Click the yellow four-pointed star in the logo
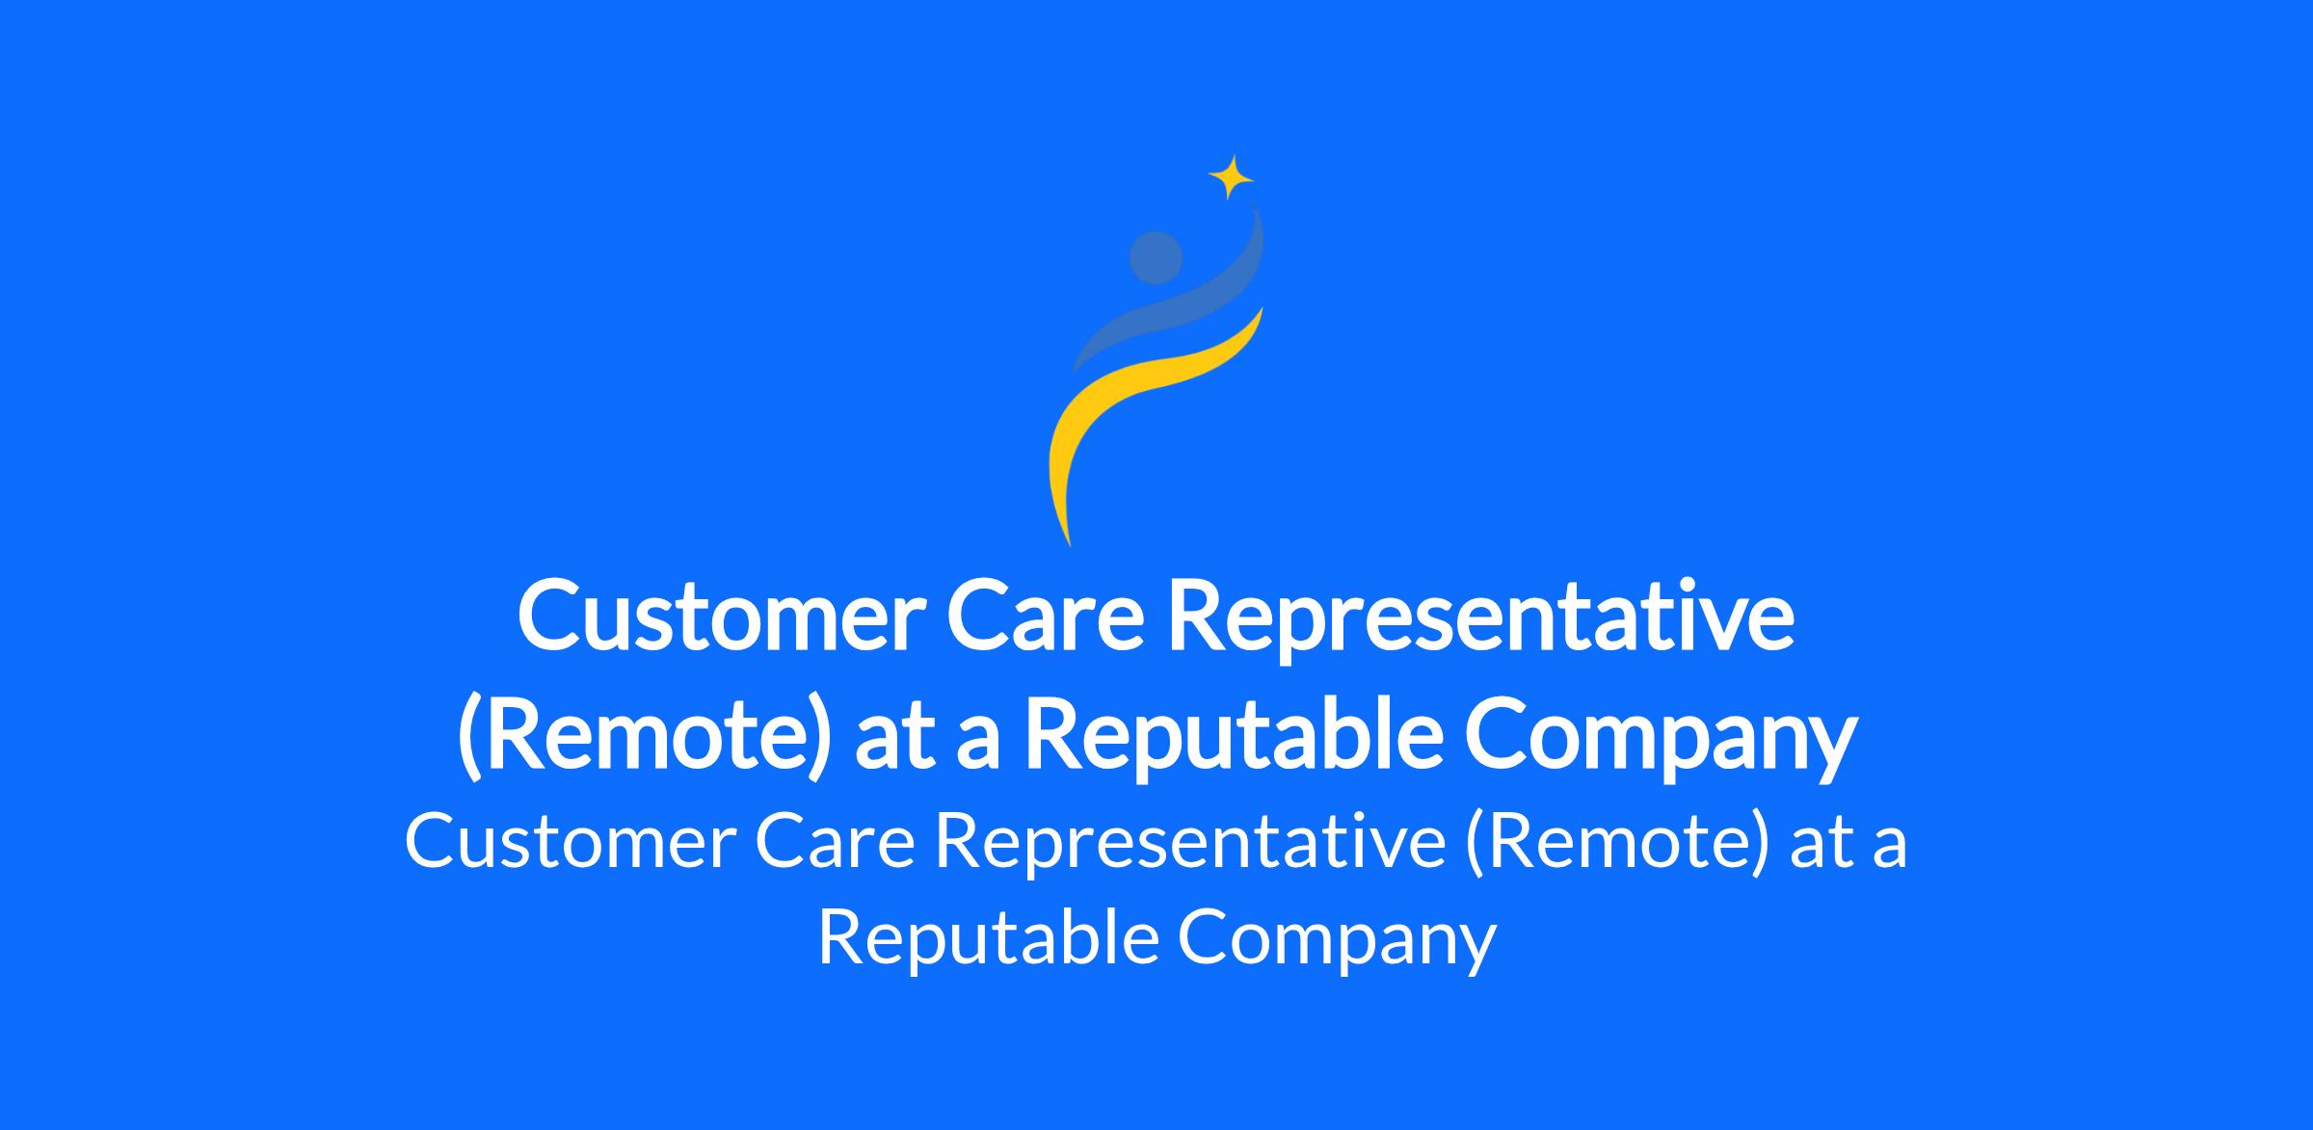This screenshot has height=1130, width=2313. pos(1231,177)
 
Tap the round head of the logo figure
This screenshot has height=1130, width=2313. pos(1156,258)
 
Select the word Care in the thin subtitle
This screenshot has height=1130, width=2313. pos(835,843)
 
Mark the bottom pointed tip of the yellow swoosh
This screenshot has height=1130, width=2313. pos(1070,545)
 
